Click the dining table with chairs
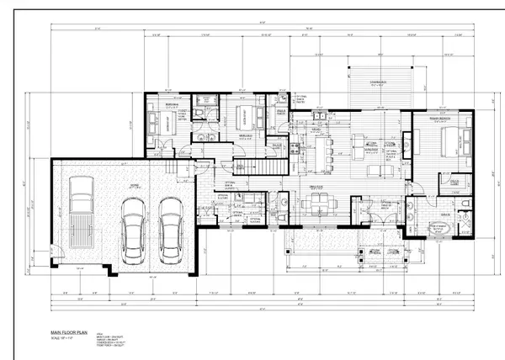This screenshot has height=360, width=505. [x=319, y=202]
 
